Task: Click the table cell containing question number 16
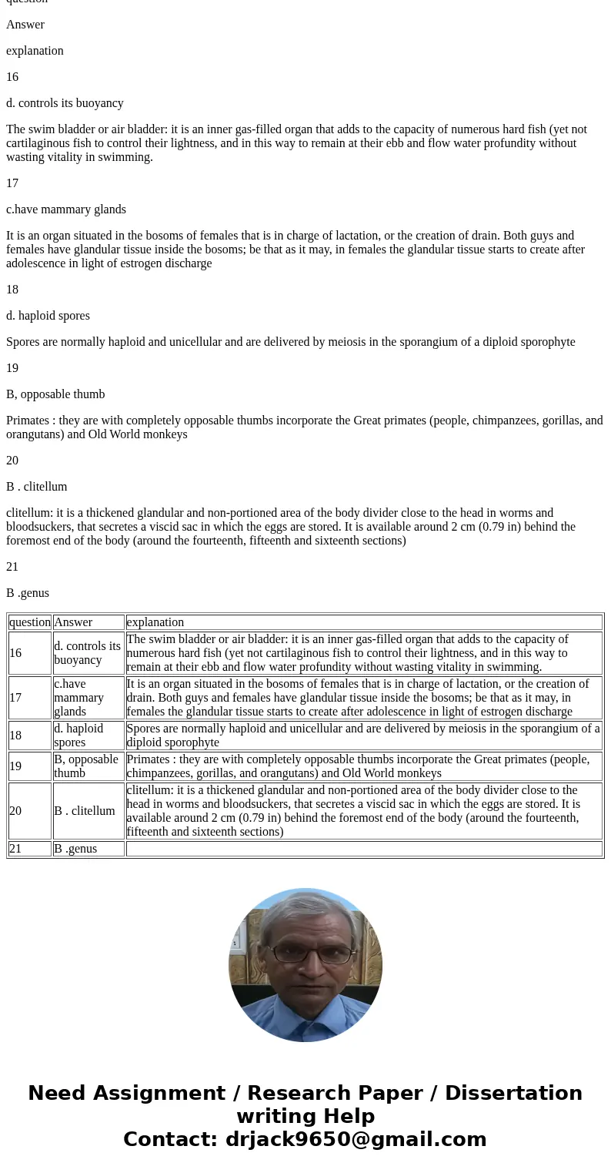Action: [x=29, y=653]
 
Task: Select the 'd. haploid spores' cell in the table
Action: [x=88, y=736]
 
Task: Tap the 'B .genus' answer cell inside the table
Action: [x=88, y=849]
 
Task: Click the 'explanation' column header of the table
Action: [x=363, y=622]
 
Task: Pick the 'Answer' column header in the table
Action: [x=88, y=622]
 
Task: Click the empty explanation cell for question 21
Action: [x=363, y=849]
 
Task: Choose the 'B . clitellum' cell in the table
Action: [x=88, y=811]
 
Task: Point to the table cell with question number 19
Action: [x=29, y=766]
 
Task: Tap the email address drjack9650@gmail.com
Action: [x=356, y=1139]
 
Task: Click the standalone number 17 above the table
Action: [x=12, y=183]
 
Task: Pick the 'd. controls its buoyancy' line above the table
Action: [x=65, y=103]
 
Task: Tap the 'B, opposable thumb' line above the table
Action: [x=55, y=394]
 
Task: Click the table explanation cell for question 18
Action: [x=363, y=736]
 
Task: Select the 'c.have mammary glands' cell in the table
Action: [x=88, y=698]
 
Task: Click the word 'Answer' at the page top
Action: [x=25, y=25]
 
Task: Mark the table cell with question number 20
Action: [x=29, y=811]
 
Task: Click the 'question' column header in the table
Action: [x=29, y=622]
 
